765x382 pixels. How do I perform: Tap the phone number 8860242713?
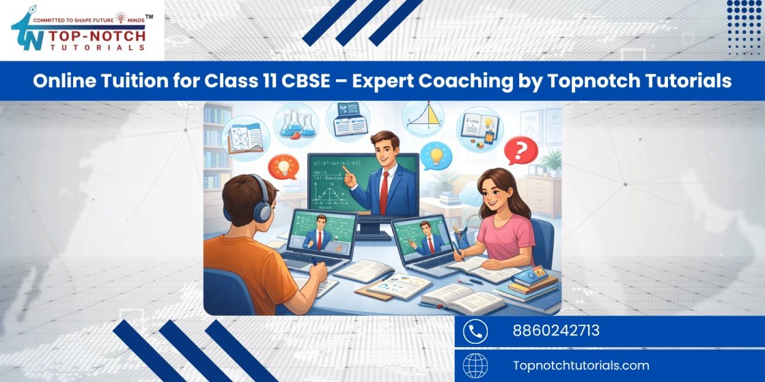pos(556,332)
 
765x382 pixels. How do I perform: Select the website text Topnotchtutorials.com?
pos(581,366)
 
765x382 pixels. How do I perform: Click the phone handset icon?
pos(475,332)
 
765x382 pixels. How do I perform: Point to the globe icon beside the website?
pos(475,366)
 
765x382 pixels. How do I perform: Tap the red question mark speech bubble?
pos(520,151)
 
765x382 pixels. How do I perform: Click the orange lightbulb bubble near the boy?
pos(281,166)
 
